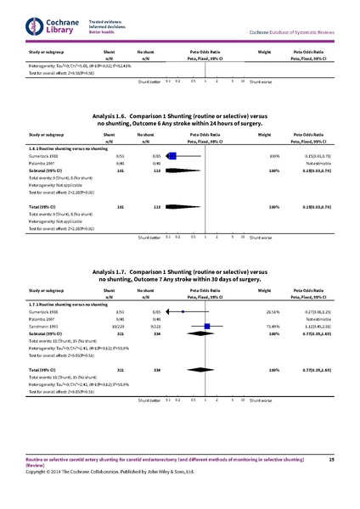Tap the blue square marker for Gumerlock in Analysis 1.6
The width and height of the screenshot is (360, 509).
click(175, 156)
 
